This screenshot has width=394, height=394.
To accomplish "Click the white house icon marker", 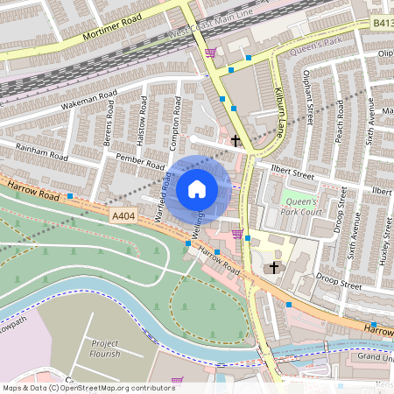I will click(197, 188).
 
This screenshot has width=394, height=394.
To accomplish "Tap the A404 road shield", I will click(123, 213).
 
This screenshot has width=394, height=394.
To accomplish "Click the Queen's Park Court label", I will click(305, 207).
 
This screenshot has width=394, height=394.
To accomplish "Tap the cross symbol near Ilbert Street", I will click(235, 140).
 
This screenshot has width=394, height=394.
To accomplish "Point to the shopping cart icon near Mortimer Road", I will click(210, 53).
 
